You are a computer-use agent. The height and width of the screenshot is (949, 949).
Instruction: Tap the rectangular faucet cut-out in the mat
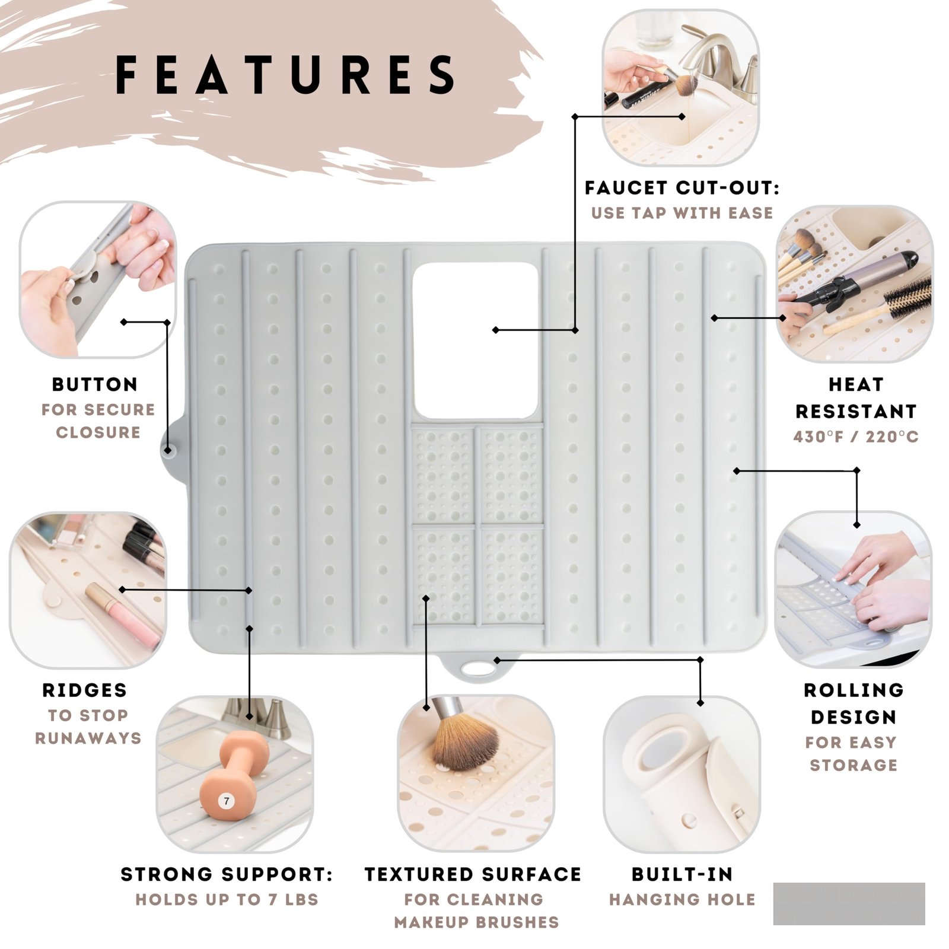[x=476, y=340]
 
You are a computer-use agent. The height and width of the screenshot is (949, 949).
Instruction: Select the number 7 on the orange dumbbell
[x=226, y=801]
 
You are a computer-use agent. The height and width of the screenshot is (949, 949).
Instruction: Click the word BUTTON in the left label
[x=95, y=384]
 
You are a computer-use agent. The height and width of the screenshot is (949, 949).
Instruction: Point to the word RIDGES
[x=85, y=690]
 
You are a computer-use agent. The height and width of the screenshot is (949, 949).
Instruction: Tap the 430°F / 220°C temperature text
[x=856, y=437]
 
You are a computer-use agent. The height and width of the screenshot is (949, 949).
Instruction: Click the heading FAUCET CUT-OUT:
[x=682, y=188]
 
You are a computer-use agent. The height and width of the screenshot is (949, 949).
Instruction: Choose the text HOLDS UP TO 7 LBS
[x=227, y=900]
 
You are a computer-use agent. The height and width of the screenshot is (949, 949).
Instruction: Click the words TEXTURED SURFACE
[x=473, y=874]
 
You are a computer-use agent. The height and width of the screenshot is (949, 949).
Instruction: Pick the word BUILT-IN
[x=682, y=874]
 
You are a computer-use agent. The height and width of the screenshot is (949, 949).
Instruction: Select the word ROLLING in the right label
[x=854, y=690]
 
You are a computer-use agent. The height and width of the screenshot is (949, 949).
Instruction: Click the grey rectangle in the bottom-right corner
[x=849, y=903]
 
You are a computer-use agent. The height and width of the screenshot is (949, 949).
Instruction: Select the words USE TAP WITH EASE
[x=682, y=213]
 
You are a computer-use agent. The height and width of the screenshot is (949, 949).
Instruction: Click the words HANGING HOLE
[x=682, y=900]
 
